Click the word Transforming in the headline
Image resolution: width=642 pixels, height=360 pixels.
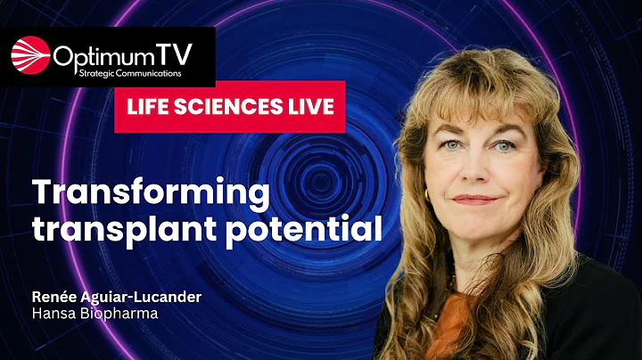coord(150,194)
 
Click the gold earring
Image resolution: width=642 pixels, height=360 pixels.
coord(426,193)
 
